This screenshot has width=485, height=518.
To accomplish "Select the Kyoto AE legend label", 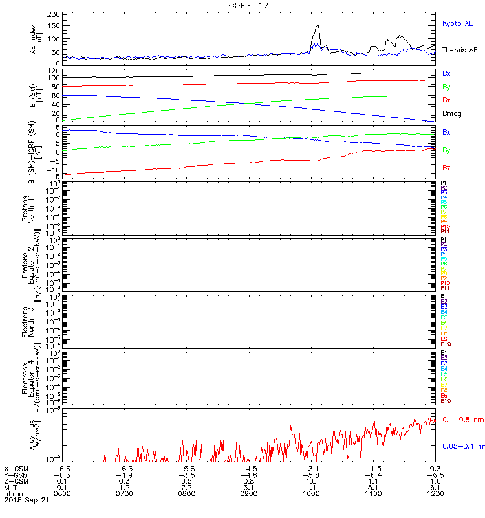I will coord(457,23).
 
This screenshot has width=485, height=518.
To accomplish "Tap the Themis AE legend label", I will coord(460,50).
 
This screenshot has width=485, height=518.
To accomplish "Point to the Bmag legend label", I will coord(451,114).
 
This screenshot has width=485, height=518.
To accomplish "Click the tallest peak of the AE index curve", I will coord(318,26).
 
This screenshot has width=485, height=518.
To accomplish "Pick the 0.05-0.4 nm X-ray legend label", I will coord(461,447).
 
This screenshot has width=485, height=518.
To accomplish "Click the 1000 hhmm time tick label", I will coord(311,493).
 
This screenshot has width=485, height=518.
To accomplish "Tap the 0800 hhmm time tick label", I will coord(186,493).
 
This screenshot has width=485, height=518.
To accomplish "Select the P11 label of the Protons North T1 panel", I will coord(445,231).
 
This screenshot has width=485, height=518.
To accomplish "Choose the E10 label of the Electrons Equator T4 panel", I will coord(446,401).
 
